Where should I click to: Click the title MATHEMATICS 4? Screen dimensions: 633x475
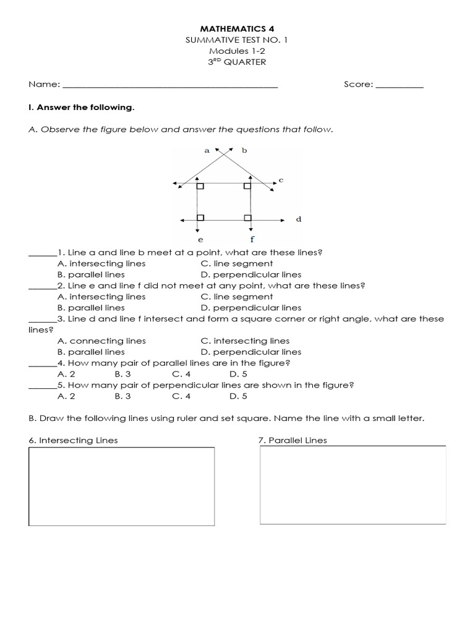pos(237,28)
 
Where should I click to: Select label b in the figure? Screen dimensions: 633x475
pos(244,150)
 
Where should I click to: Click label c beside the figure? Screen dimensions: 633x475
pos(281,180)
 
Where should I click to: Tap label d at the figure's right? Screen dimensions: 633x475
pos(298,219)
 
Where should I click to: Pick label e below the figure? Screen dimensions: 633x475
pos(200,239)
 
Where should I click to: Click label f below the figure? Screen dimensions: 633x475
pos(252,239)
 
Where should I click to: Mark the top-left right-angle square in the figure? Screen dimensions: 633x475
pos(200,185)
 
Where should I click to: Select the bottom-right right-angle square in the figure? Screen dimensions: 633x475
pos(247,218)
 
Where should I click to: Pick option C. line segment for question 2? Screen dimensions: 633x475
pos(236,297)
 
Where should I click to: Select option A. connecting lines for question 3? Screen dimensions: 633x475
pos(101,341)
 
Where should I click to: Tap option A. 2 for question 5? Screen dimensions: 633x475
pos(66,396)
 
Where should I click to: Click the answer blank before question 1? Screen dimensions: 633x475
pos(41,253)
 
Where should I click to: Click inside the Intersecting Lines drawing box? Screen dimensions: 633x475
pos(122,486)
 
